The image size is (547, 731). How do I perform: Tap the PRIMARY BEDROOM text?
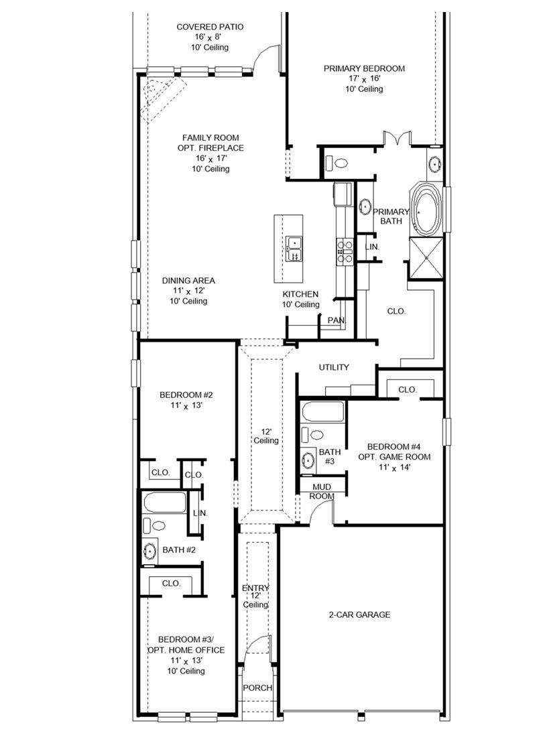364,68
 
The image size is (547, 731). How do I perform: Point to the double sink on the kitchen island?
294,249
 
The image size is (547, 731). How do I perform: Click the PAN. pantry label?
336,321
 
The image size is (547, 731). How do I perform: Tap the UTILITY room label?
333,367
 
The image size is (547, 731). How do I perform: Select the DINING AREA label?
188,281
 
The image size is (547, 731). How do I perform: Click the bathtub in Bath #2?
164,503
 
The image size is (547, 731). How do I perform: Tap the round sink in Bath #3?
308,460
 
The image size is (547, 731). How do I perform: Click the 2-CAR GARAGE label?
359,615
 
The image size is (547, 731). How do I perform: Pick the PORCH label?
257,688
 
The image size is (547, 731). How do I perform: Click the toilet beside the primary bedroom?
339,162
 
